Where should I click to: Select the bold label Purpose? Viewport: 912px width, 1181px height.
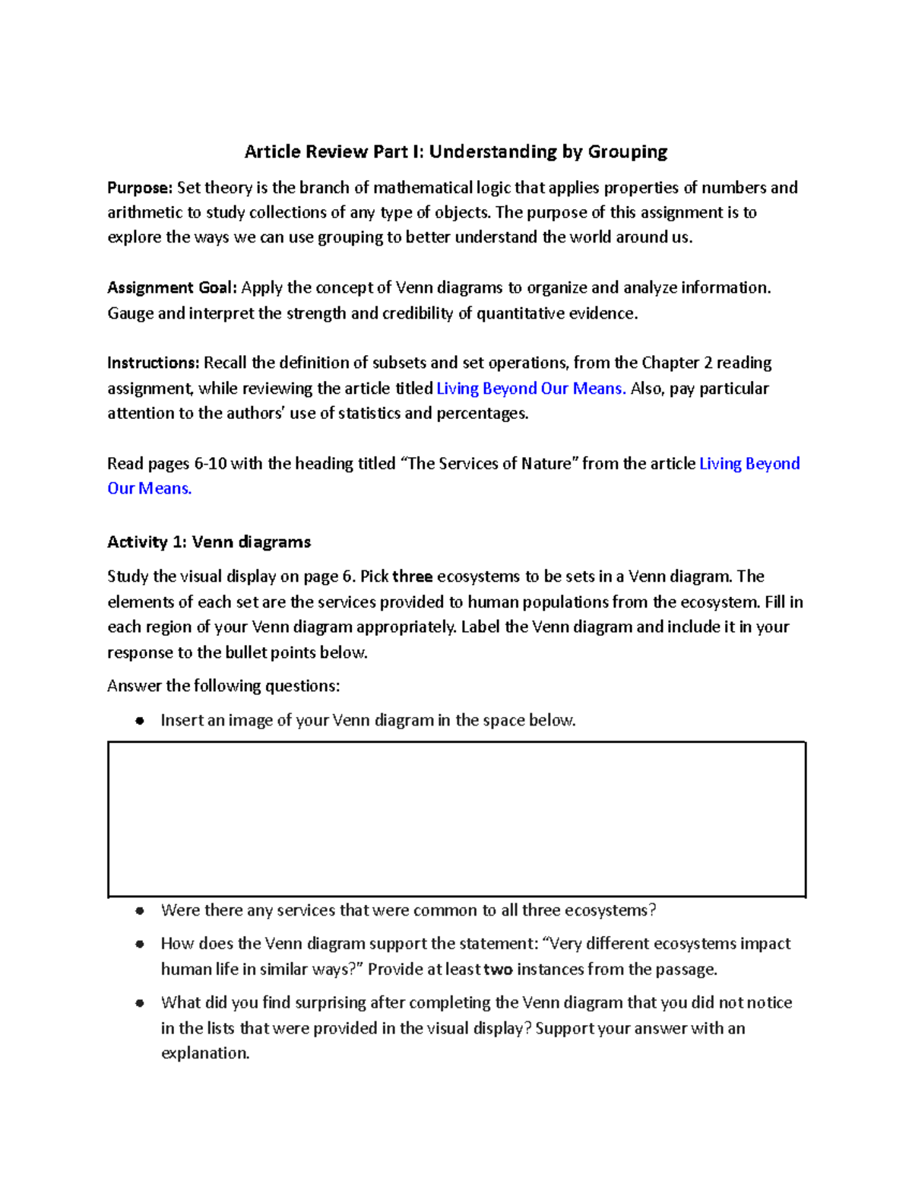point(140,188)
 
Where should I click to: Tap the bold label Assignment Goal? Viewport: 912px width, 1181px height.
point(173,287)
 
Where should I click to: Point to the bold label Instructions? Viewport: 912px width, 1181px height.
point(154,363)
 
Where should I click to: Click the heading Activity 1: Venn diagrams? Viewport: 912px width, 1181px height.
point(209,542)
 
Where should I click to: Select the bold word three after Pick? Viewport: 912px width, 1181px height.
point(412,576)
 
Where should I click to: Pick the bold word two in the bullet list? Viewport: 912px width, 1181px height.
point(499,970)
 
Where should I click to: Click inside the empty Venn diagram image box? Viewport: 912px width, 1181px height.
point(456,819)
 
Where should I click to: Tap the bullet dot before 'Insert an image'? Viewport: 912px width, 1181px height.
point(139,721)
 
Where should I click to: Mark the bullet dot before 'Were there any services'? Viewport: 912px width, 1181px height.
point(139,911)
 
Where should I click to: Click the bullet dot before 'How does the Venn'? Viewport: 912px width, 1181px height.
point(139,944)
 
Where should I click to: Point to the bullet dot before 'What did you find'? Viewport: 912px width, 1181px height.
point(139,1004)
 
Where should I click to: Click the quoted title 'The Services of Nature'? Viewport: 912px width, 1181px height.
point(490,464)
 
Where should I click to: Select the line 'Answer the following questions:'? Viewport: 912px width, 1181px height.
point(223,686)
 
